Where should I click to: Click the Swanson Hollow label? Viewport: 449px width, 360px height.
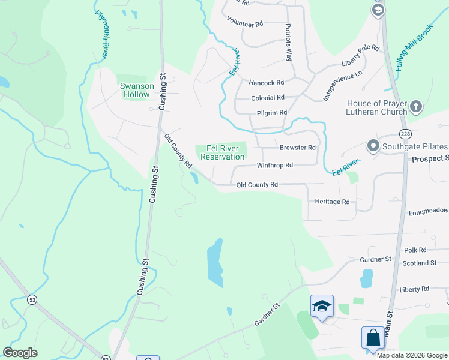pyautogui.click(x=137, y=90)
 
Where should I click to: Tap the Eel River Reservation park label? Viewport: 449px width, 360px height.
pyautogui.click(x=222, y=152)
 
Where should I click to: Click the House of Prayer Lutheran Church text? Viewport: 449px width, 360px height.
pyautogui.click(x=376, y=107)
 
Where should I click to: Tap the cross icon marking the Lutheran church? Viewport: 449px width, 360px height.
pyautogui.click(x=417, y=107)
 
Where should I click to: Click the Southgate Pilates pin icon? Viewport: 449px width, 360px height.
pyautogui.click(x=373, y=146)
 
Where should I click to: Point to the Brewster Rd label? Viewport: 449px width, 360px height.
pyautogui.click(x=297, y=148)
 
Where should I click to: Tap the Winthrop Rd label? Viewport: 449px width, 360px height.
pyautogui.click(x=274, y=165)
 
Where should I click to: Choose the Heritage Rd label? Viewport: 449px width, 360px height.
pyautogui.click(x=332, y=202)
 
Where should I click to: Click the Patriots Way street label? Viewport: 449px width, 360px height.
pyautogui.click(x=289, y=42)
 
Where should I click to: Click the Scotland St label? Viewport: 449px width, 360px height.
pyautogui.click(x=420, y=263)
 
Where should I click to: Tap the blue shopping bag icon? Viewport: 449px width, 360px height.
pyautogui.click(x=373, y=338)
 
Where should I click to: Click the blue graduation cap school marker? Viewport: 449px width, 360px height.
pyautogui.click(x=322, y=307)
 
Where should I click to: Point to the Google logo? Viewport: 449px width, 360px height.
pyautogui.click(x=20, y=353)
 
